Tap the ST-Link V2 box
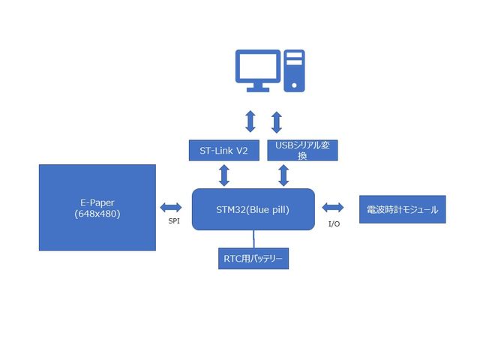pos(223,150)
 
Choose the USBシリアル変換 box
pos(302,150)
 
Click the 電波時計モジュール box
pos(403,209)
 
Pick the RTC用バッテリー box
pos(253,259)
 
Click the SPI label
pos(173,221)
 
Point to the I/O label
pos(334,223)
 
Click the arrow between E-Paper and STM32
pos(171,207)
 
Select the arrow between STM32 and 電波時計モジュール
pos(332,207)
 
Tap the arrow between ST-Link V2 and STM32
pos(223,175)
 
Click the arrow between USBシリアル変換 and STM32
pos(283,175)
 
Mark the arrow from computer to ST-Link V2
pos(250,121)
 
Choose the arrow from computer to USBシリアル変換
pos(276,121)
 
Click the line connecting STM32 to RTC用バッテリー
pos(253,239)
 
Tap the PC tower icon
pos(294,69)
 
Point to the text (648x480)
pos(97,214)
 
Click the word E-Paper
pos(97,202)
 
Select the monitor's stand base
pos(258,88)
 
